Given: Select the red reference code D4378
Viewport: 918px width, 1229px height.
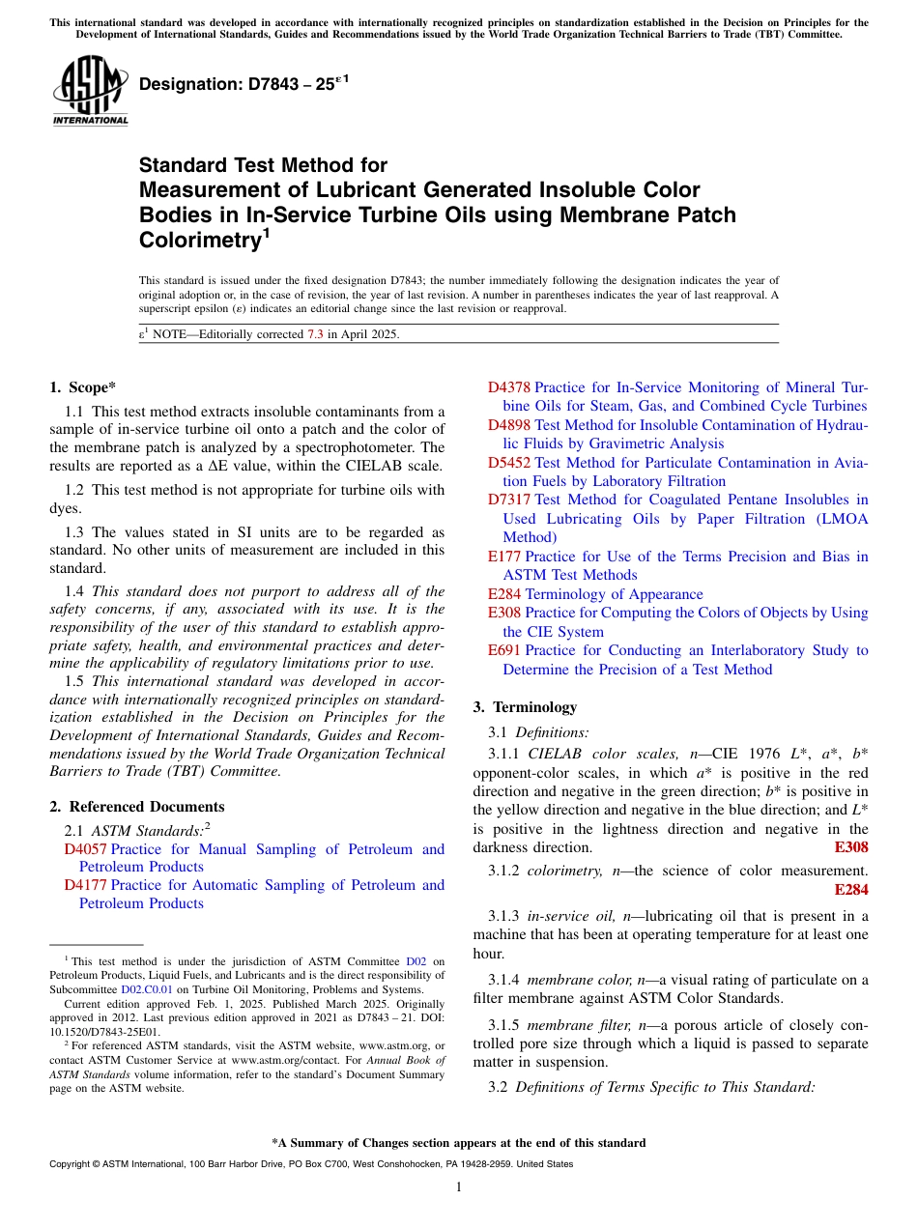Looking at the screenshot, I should click(x=508, y=387).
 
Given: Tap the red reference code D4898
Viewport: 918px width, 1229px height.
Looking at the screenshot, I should click(x=508, y=425).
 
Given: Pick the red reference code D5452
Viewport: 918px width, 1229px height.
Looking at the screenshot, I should click(x=508, y=463).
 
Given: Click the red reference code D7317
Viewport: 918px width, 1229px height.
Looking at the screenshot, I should click(x=508, y=500).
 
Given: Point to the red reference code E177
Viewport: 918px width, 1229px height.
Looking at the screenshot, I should click(x=504, y=557).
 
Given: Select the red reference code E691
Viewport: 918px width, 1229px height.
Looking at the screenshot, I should click(x=504, y=650).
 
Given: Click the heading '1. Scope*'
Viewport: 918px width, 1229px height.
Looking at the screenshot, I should click(x=83, y=387).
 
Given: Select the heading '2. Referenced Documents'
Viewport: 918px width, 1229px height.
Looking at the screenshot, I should click(x=136, y=807).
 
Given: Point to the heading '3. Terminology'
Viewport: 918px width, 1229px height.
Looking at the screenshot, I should click(x=525, y=707).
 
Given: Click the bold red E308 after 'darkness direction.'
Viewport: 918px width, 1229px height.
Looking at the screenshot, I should click(x=850, y=847).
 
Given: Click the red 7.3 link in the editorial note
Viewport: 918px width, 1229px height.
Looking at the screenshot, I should click(x=315, y=334).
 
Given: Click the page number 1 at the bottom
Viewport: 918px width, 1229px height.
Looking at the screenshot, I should click(x=459, y=1186).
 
